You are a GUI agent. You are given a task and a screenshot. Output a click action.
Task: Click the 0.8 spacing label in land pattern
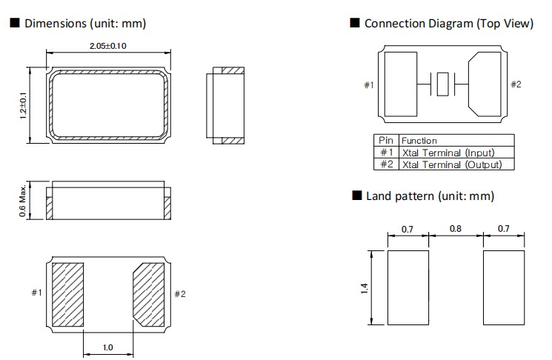pos(456,230)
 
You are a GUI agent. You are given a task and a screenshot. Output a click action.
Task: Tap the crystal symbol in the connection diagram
pos(442,84)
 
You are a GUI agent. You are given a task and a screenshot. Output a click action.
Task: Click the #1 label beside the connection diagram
pos(368,85)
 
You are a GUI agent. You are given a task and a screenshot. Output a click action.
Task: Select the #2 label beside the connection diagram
pos(516,84)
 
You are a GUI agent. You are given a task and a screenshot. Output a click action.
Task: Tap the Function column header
pos(419,141)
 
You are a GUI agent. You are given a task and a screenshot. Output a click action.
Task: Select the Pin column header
pos(385,141)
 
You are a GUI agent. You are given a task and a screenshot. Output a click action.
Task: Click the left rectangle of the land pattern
pos(408,287)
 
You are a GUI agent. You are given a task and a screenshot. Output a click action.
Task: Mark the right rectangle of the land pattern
pos(503,287)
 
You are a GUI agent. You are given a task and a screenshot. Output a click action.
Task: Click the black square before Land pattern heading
pos(356,196)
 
